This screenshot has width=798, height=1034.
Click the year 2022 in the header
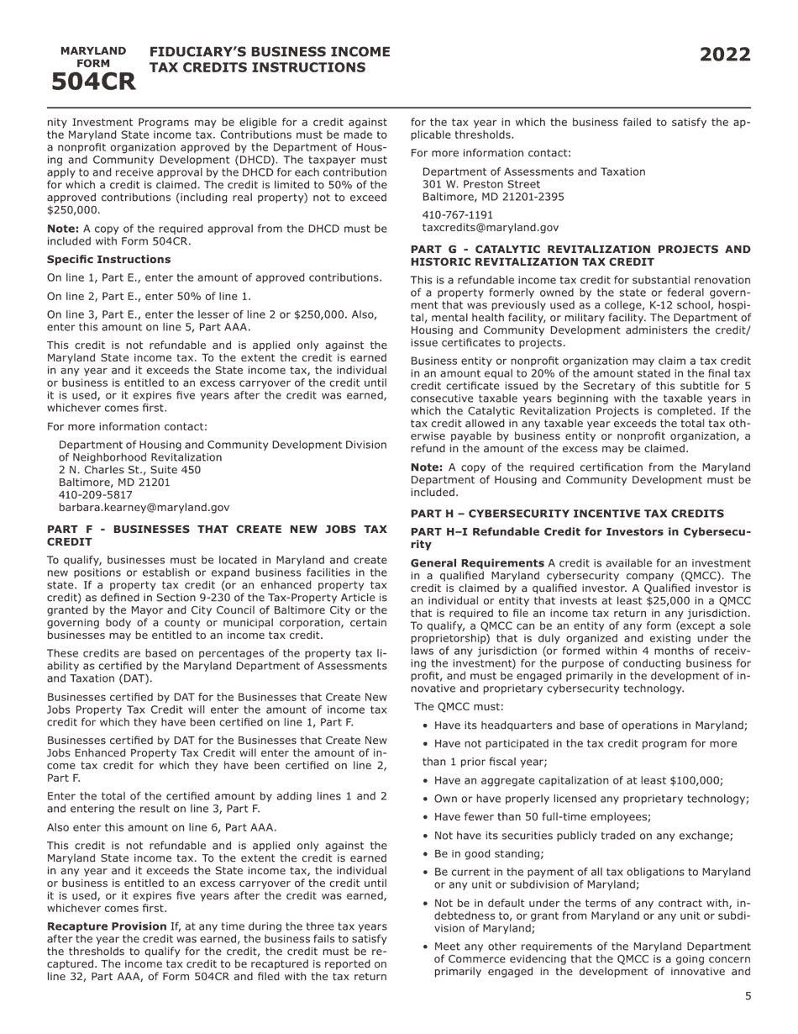[x=725, y=55]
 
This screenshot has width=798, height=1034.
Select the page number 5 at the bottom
[x=748, y=996]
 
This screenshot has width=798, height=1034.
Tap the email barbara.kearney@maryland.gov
[x=144, y=508]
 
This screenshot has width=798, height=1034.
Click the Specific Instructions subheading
[x=108, y=260]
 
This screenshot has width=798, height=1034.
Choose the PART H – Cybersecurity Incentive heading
[x=566, y=514]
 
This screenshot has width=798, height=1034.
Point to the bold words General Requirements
[x=476, y=563]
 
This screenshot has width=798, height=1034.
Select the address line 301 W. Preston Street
[x=480, y=184]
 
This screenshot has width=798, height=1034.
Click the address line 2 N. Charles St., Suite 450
[x=129, y=470]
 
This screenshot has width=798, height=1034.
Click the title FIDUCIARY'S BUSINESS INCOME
[x=269, y=52]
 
